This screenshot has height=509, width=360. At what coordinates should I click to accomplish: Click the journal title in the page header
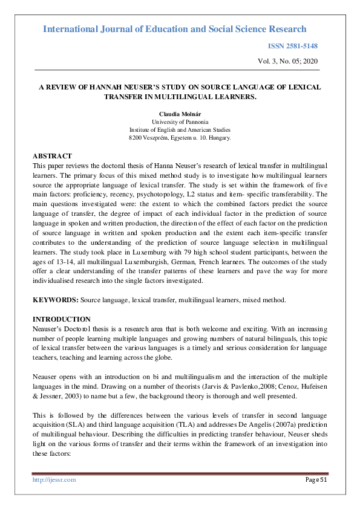[175, 29]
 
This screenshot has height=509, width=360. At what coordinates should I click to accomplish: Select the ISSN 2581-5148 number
[292, 46]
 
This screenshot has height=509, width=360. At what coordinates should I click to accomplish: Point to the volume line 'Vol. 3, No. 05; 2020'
[287, 61]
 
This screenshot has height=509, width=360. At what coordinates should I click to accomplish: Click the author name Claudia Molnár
[180, 114]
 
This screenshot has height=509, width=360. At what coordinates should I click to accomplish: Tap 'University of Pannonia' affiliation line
[180, 122]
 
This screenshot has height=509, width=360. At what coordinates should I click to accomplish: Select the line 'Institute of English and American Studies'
[180, 129]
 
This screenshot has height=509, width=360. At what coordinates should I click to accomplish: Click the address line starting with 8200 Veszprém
[180, 138]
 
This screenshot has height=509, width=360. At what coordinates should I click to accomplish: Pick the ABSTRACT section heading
[52, 156]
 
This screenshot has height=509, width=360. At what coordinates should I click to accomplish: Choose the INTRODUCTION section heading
[61, 319]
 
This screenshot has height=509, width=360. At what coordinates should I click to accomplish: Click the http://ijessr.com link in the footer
[54, 479]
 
